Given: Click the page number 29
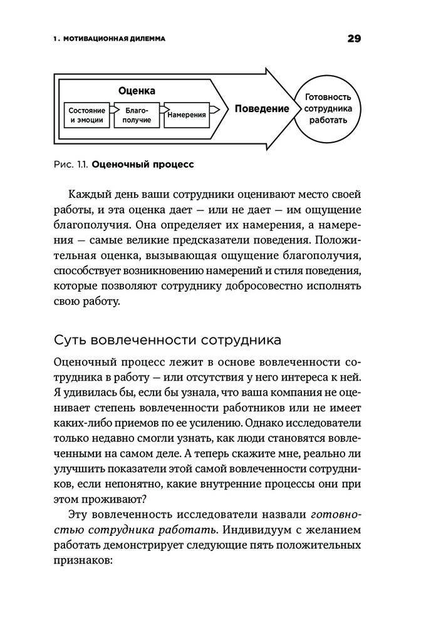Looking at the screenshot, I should pyautogui.click(x=354, y=39).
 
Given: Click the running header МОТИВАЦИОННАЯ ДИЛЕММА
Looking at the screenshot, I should pyautogui.click(x=113, y=39).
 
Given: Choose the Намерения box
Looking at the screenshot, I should pyautogui.click(x=187, y=115).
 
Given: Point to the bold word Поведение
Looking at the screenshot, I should pyautogui.click(x=262, y=108).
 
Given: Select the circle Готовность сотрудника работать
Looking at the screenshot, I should pyautogui.click(x=328, y=108).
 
